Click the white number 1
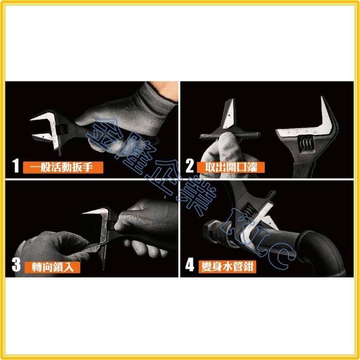(16, 166)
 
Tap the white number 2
(190, 166)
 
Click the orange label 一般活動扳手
(63, 168)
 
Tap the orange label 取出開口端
(231, 168)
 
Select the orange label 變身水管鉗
(227, 267)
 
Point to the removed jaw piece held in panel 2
(229, 124)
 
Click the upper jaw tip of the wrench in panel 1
(31, 120)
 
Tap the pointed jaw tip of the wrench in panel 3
(84, 213)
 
